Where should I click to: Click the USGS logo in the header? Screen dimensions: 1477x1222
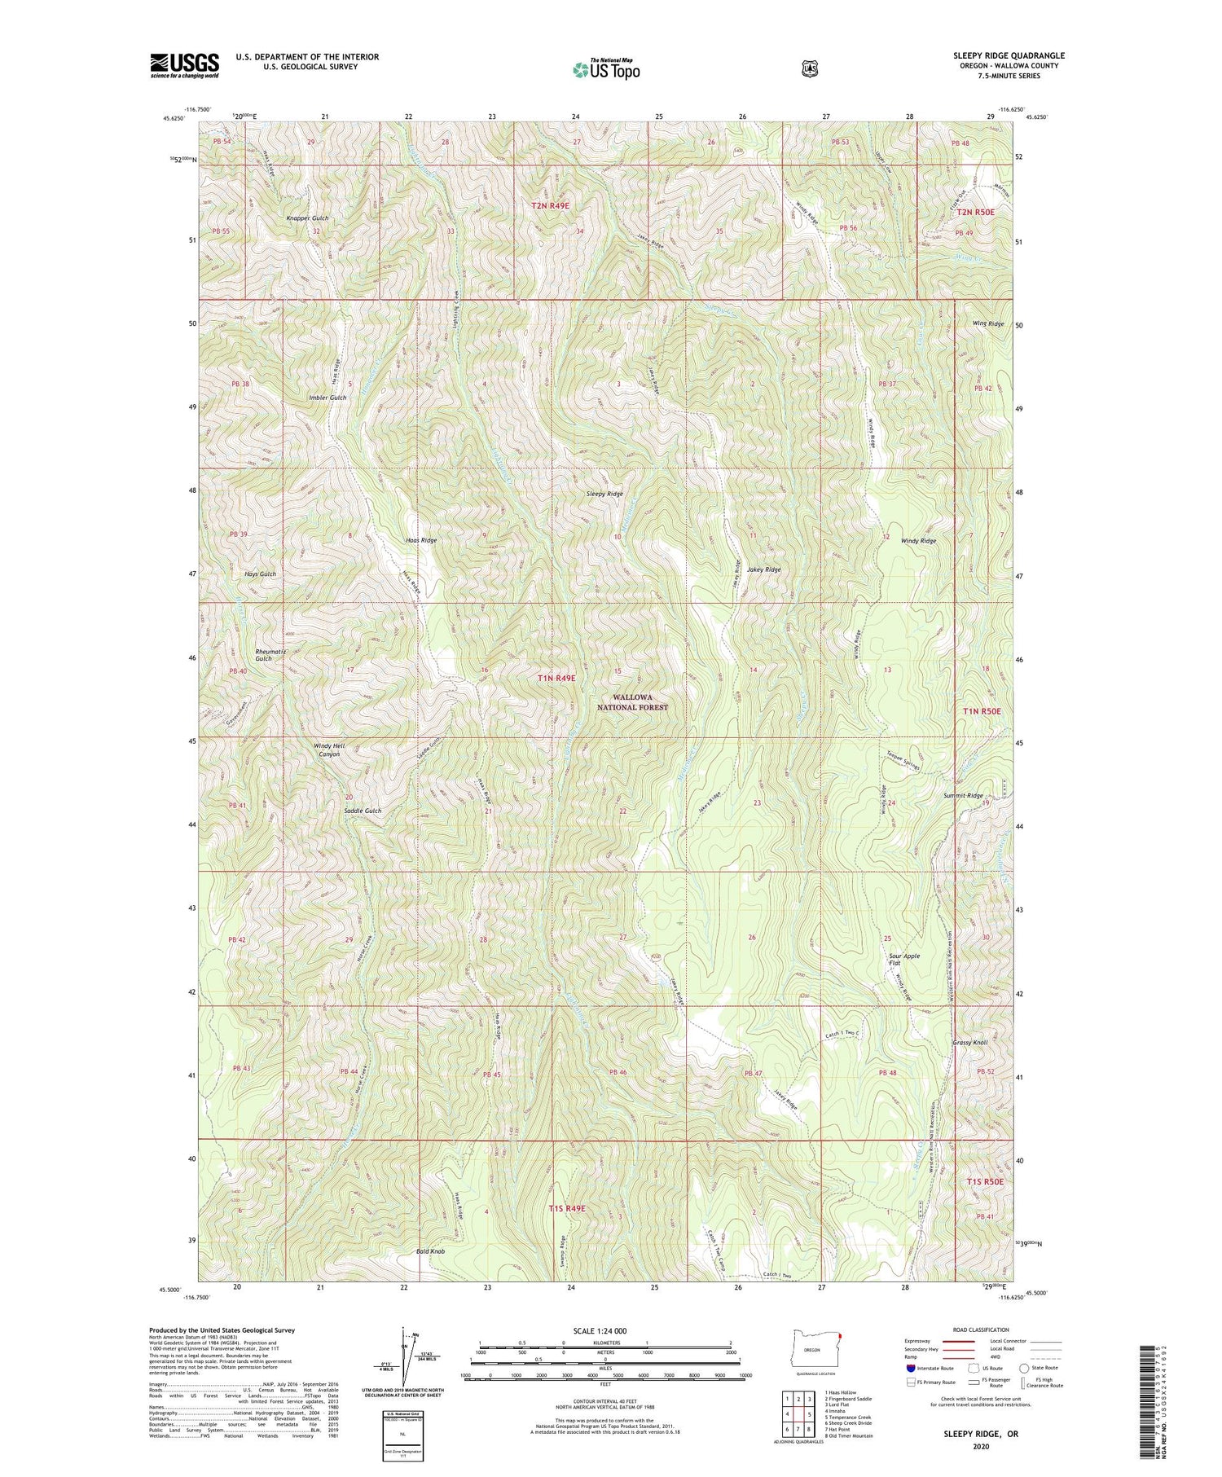click(184, 65)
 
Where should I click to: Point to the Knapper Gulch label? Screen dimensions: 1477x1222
click(307, 218)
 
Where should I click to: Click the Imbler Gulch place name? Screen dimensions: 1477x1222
click(327, 398)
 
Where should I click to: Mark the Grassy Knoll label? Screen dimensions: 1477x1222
click(969, 1043)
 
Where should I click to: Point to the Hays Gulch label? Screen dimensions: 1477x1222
click(260, 574)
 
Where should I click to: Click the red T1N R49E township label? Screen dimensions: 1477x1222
click(556, 678)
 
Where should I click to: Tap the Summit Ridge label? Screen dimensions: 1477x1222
click(962, 795)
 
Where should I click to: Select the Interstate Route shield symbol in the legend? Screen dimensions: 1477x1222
click(911, 1369)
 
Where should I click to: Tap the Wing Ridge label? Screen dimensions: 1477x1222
click(987, 323)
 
